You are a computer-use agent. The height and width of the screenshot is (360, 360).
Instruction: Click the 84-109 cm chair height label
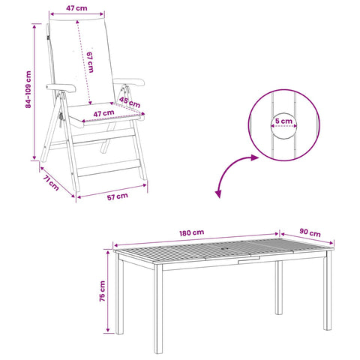tap(28, 89)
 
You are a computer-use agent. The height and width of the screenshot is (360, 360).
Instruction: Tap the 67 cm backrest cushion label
tap(90, 62)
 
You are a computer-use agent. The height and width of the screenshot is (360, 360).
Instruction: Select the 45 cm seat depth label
tap(130, 102)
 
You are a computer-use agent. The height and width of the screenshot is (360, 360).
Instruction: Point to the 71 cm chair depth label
tap(51, 183)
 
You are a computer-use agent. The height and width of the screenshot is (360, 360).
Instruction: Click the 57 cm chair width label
tap(118, 196)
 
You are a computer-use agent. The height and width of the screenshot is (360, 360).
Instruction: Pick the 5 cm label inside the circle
tap(283, 121)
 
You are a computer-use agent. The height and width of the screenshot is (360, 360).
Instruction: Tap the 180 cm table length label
tap(192, 232)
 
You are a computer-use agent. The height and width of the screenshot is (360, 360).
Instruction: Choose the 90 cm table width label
tap(310, 232)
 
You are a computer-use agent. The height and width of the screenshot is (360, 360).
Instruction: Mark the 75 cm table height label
tap(103, 291)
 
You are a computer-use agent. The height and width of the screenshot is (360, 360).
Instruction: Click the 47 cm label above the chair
tap(76, 8)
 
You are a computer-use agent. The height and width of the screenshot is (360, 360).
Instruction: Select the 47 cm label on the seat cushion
tap(103, 114)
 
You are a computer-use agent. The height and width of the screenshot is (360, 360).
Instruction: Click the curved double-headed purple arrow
tap(232, 170)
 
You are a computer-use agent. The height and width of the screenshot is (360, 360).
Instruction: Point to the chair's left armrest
tap(61, 88)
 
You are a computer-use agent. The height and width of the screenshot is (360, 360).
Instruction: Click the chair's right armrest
tap(129, 82)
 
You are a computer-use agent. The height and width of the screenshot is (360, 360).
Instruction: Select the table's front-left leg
tap(158, 309)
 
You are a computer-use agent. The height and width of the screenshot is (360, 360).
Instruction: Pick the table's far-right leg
tap(328, 290)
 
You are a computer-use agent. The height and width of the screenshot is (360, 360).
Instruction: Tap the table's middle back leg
tap(279, 287)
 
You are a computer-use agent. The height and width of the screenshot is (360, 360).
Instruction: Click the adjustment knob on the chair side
tap(61, 118)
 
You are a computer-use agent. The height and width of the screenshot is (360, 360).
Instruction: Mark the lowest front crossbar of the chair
tap(109, 168)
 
